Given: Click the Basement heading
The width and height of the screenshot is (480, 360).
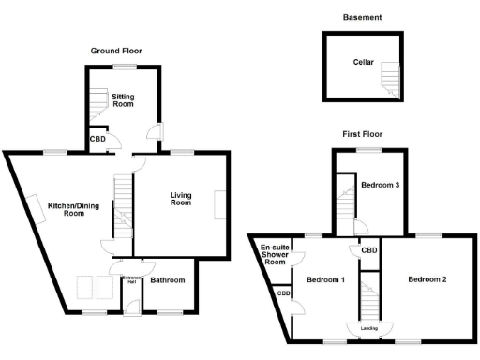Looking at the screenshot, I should tap(362, 17).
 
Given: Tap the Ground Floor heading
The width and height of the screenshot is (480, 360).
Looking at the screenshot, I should tap(116, 50).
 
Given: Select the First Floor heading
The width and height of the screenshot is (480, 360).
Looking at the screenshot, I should tap(362, 134).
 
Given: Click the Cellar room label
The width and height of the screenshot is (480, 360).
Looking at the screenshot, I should tap(363, 63).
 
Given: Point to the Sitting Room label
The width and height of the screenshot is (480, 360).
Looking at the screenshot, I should tap(123, 100).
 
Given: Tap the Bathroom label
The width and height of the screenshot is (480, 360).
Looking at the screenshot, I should tap(168, 279).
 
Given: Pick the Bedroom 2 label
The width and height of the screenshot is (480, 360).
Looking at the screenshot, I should tap(427, 279).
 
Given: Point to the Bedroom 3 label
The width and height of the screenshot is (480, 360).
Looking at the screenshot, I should tap(382, 186).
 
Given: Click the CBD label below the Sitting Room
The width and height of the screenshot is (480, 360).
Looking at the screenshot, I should tap(97, 140).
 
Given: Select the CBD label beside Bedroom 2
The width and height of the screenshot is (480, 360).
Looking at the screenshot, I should tap(369, 250).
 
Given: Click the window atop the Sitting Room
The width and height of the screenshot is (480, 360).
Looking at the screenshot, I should tap(123, 65).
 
